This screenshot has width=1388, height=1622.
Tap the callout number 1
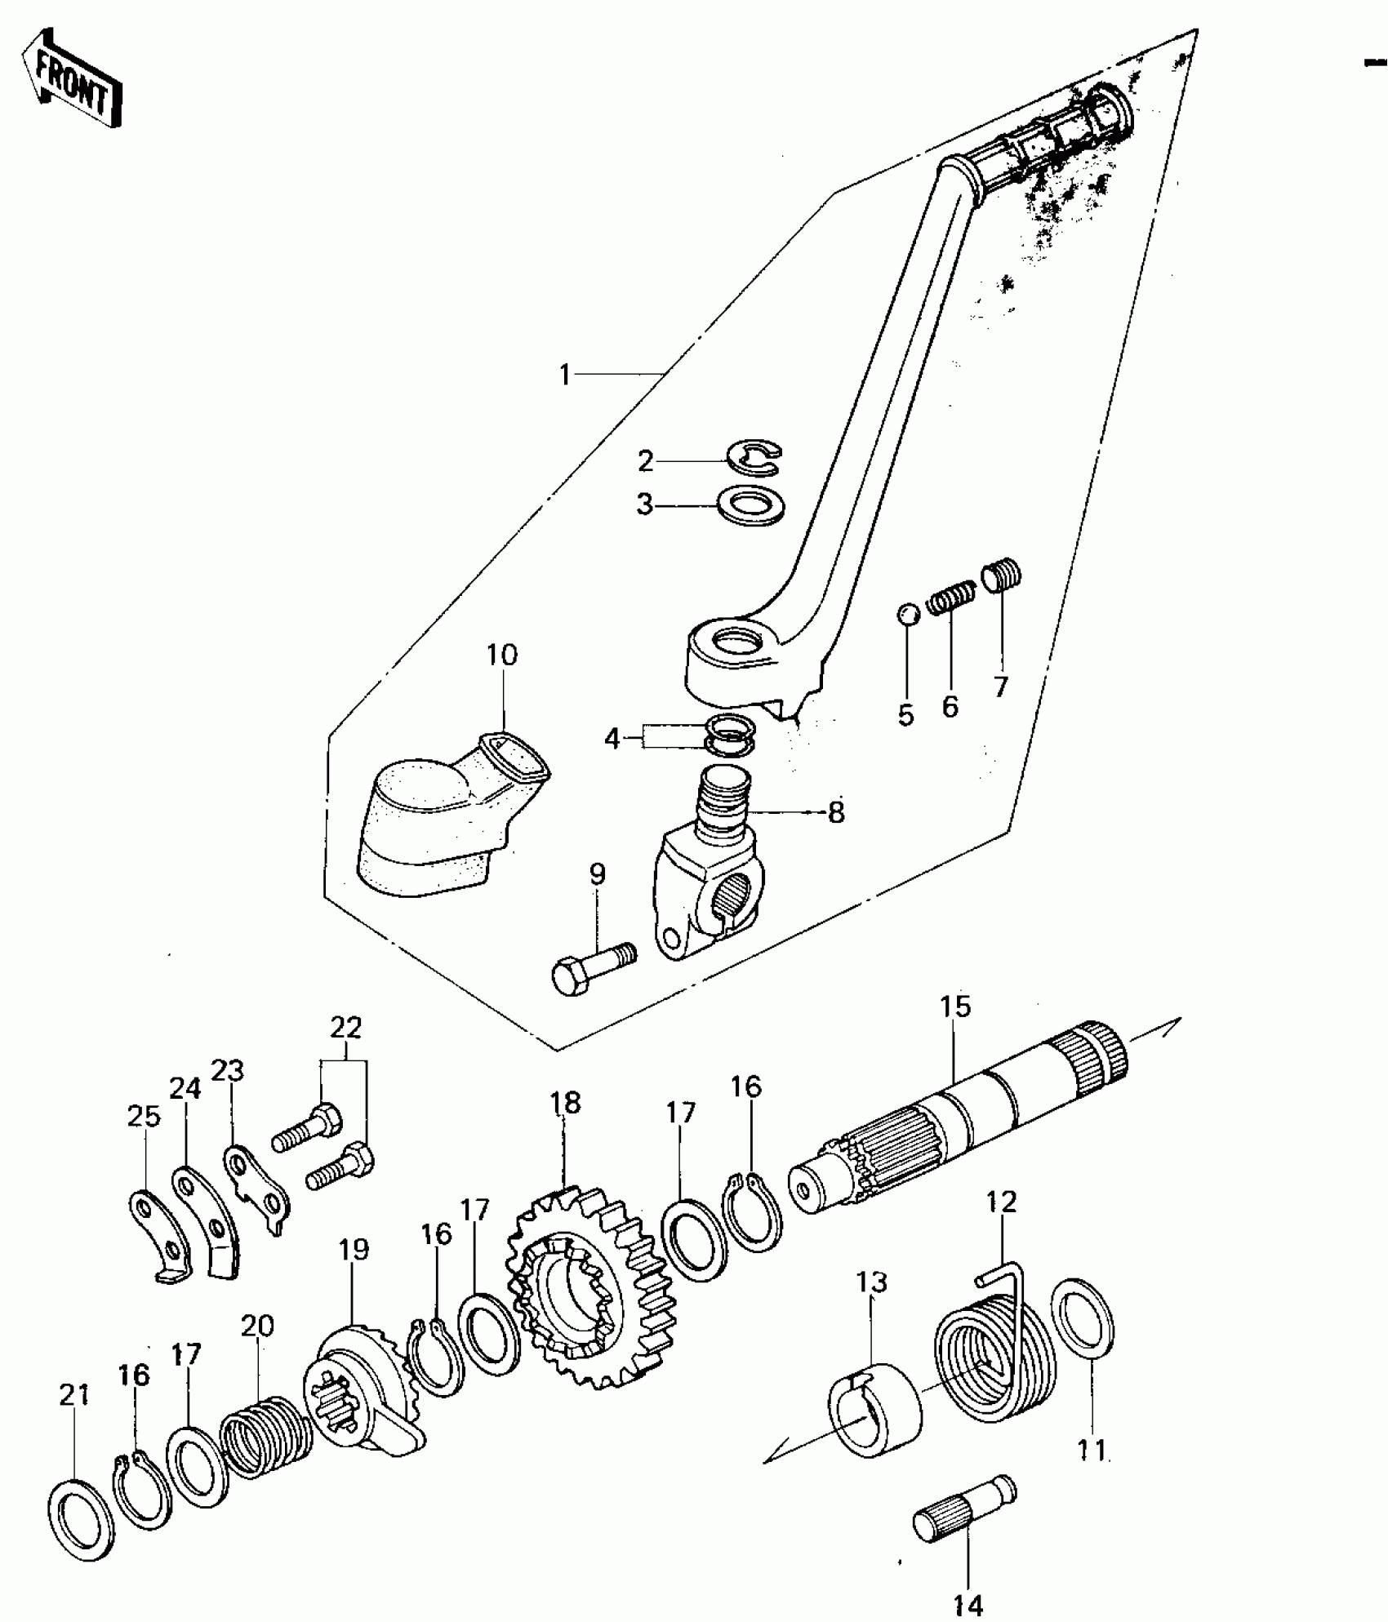coord(564,375)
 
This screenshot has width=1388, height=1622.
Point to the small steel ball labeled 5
coord(907,614)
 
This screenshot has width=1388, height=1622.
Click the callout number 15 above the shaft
coord(955,1007)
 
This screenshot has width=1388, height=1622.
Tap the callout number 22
coord(346,1027)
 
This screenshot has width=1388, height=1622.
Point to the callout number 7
coord(1001,687)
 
